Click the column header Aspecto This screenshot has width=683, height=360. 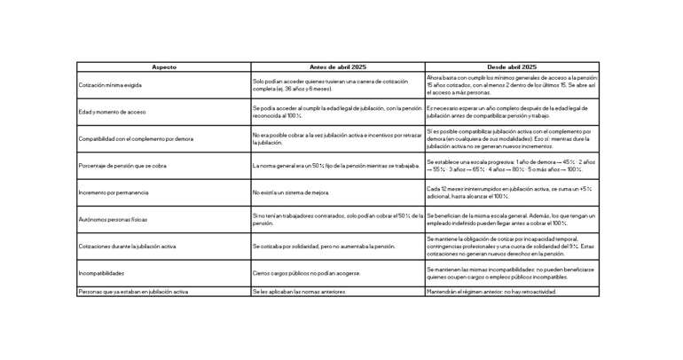click(164, 67)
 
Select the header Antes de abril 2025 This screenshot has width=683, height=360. click(337, 67)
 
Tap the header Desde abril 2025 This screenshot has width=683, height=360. click(512, 67)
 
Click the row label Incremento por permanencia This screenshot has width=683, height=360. click(114, 192)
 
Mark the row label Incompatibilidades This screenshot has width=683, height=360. click(102, 273)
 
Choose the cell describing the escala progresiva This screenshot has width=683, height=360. click(510, 166)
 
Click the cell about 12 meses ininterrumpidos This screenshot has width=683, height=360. click(510, 192)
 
